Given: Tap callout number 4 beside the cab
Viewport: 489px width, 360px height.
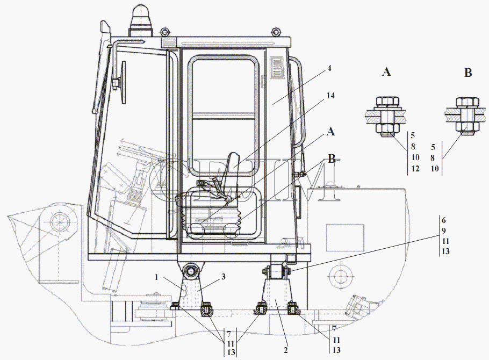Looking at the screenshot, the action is (329, 68).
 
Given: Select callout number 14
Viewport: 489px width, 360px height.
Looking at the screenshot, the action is (330, 96).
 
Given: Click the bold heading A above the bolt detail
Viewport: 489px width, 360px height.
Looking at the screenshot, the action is (386, 72).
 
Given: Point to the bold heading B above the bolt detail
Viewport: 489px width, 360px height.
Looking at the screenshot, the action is (468, 73).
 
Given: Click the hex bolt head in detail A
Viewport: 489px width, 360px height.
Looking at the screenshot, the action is (387, 102).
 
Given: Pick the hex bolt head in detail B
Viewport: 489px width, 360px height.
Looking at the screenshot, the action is (468, 102).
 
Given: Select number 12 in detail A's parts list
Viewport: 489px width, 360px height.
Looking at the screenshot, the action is (415, 169).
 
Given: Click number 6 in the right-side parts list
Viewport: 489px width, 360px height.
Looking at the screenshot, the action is (444, 220).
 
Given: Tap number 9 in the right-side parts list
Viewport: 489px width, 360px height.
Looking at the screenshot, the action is (444, 231).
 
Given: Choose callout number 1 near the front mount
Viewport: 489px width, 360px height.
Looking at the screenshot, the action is (156, 277).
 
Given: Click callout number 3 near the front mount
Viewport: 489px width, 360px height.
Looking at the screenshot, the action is (224, 277).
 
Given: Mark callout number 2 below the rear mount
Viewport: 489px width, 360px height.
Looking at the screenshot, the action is (286, 350).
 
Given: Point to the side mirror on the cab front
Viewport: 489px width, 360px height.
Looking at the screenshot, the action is (123, 82).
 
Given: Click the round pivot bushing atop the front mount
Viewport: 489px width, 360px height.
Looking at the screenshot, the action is (191, 271).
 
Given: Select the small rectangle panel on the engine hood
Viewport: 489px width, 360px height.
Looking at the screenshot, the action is (345, 237).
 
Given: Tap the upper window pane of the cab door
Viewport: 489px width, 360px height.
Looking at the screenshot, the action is (224, 85).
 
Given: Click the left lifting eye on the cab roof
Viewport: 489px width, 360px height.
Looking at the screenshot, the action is (164, 32).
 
